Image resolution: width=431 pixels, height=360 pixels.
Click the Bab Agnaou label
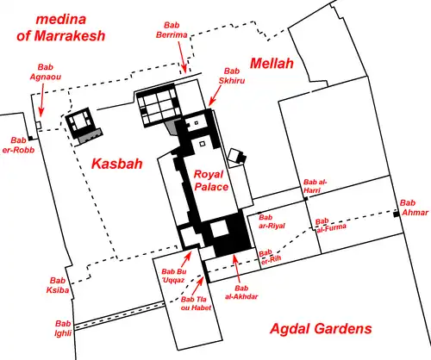(46, 72)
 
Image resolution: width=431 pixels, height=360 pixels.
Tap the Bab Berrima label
(172, 30)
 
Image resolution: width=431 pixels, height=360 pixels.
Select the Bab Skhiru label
(232, 76)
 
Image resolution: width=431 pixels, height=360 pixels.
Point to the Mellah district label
(272, 64)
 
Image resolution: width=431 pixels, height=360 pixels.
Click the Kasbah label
(117, 164)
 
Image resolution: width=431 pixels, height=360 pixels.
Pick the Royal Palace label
(211, 180)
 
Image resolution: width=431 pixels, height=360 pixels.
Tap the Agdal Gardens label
(321, 329)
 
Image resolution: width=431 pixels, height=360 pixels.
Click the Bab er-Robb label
(18, 145)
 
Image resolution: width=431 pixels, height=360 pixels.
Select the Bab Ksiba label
(58, 285)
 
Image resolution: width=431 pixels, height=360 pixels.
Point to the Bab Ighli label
(63, 328)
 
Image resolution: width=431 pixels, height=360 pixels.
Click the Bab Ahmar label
(415, 208)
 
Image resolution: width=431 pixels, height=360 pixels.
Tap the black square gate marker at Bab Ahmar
(397, 214)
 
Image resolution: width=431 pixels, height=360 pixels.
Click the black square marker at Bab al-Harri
(306, 199)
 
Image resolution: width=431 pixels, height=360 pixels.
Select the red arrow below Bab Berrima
(182, 57)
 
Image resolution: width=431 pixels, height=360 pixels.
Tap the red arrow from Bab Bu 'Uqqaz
(185, 259)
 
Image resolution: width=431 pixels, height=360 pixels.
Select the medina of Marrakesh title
(61, 28)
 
